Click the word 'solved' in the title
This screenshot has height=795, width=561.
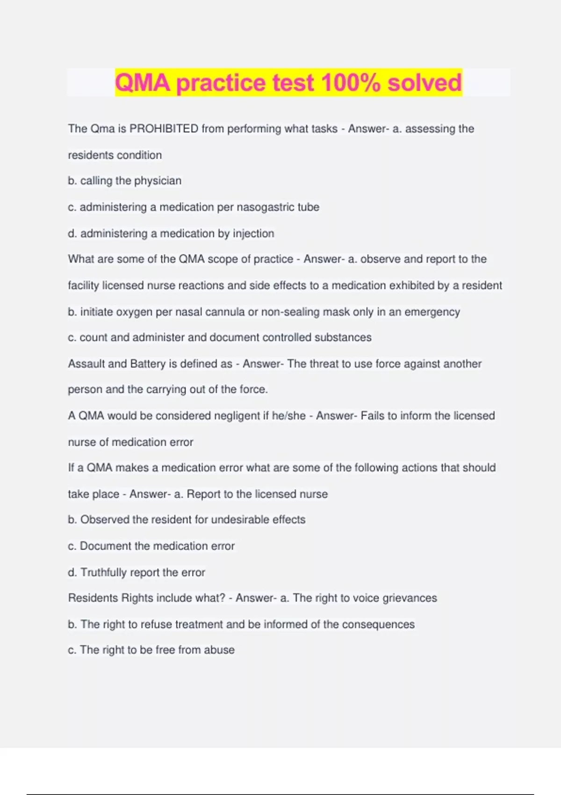tap(424, 83)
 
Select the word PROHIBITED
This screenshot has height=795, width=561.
tap(164, 129)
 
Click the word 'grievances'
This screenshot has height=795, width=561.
tap(410, 598)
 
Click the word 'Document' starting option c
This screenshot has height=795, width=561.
tap(106, 546)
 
